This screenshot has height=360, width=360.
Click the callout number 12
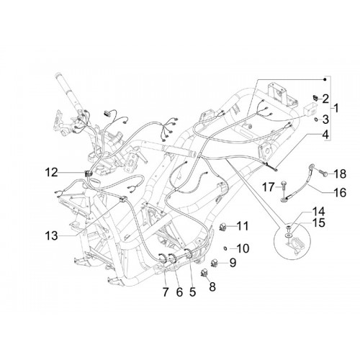click(52, 172)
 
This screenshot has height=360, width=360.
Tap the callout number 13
click(52, 235)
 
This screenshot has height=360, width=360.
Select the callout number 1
click(336, 108)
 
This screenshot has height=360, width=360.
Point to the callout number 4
click(325, 135)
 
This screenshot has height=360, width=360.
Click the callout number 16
click(340, 192)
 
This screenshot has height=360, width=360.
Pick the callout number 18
click(340, 174)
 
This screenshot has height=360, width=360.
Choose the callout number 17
click(268, 186)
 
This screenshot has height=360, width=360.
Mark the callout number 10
click(243, 248)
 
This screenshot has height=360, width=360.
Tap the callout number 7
click(165, 292)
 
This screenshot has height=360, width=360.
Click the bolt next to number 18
click(321, 174)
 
